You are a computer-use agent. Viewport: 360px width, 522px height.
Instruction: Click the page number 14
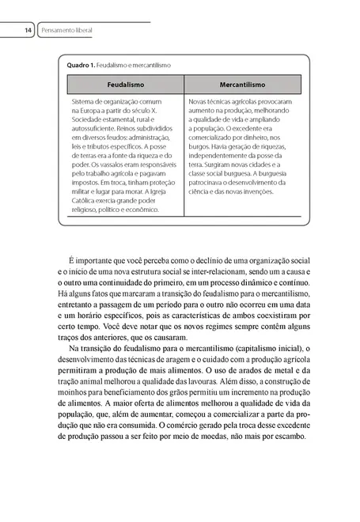[x=27, y=30]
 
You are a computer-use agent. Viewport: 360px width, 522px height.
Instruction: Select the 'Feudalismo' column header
[x=125, y=83]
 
